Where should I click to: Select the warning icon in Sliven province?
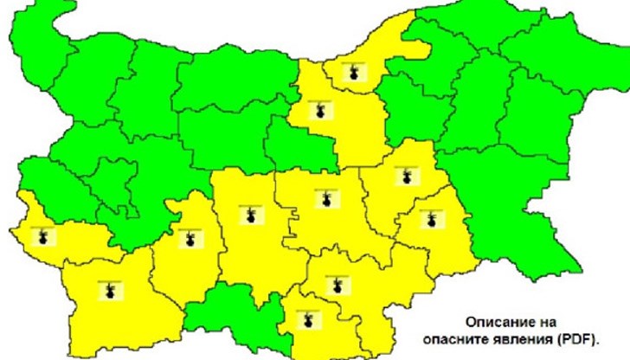tap(401, 177)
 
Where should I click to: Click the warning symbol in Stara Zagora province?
tap(325, 198)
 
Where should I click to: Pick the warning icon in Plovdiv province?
tap(249, 214)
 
